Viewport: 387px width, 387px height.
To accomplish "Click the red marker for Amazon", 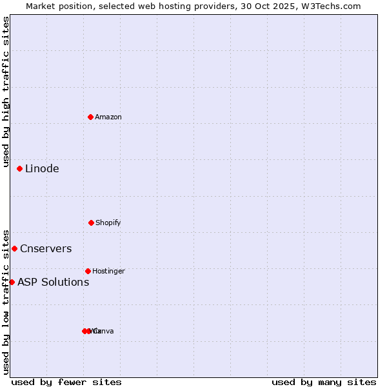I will [x=91, y=117].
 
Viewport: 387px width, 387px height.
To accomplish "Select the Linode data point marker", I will [x=20, y=168].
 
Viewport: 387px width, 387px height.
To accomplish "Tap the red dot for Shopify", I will [x=91, y=223].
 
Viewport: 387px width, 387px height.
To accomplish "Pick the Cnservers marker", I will [x=15, y=248].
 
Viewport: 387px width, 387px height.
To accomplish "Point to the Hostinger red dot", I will [x=88, y=271].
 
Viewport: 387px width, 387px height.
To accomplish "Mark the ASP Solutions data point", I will [x=12, y=282].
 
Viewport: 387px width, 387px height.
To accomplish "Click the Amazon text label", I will [x=108, y=117].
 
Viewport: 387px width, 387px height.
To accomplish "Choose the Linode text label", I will [x=42, y=168].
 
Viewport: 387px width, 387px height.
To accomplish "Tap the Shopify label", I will [x=108, y=223].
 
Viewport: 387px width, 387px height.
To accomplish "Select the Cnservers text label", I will [x=46, y=248].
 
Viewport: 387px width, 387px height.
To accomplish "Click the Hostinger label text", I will [x=108, y=271].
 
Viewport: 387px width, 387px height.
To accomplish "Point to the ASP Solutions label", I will [x=53, y=282].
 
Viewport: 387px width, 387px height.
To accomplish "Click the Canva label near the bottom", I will [x=104, y=331].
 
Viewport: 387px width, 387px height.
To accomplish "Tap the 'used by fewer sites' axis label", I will [x=66, y=382].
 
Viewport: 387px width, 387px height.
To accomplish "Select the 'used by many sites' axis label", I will [x=324, y=382].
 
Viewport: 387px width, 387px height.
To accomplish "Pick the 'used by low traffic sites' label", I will [x=6, y=301].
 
